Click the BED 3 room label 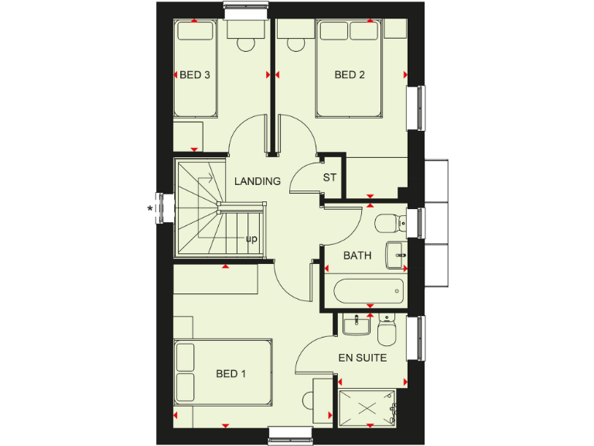pyautogui.click(x=195, y=75)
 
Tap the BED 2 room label pyautogui.click(x=350, y=75)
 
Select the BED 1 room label pyautogui.click(x=230, y=374)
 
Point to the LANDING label pyautogui.click(x=258, y=181)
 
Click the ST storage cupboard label pyautogui.click(x=330, y=177)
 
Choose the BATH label pyautogui.click(x=357, y=256)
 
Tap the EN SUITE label pyautogui.click(x=362, y=358)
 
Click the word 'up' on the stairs pyautogui.click(x=251, y=239)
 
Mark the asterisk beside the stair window pyautogui.click(x=149, y=208)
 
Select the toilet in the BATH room pyautogui.click(x=387, y=224)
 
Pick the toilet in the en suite pyautogui.click(x=387, y=333)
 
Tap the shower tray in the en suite pyautogui.click(x=367, y=407)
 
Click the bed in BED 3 pyautogui.click(x=194, y=70)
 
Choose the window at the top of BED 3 pyautogui.click(x=246, y=9)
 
